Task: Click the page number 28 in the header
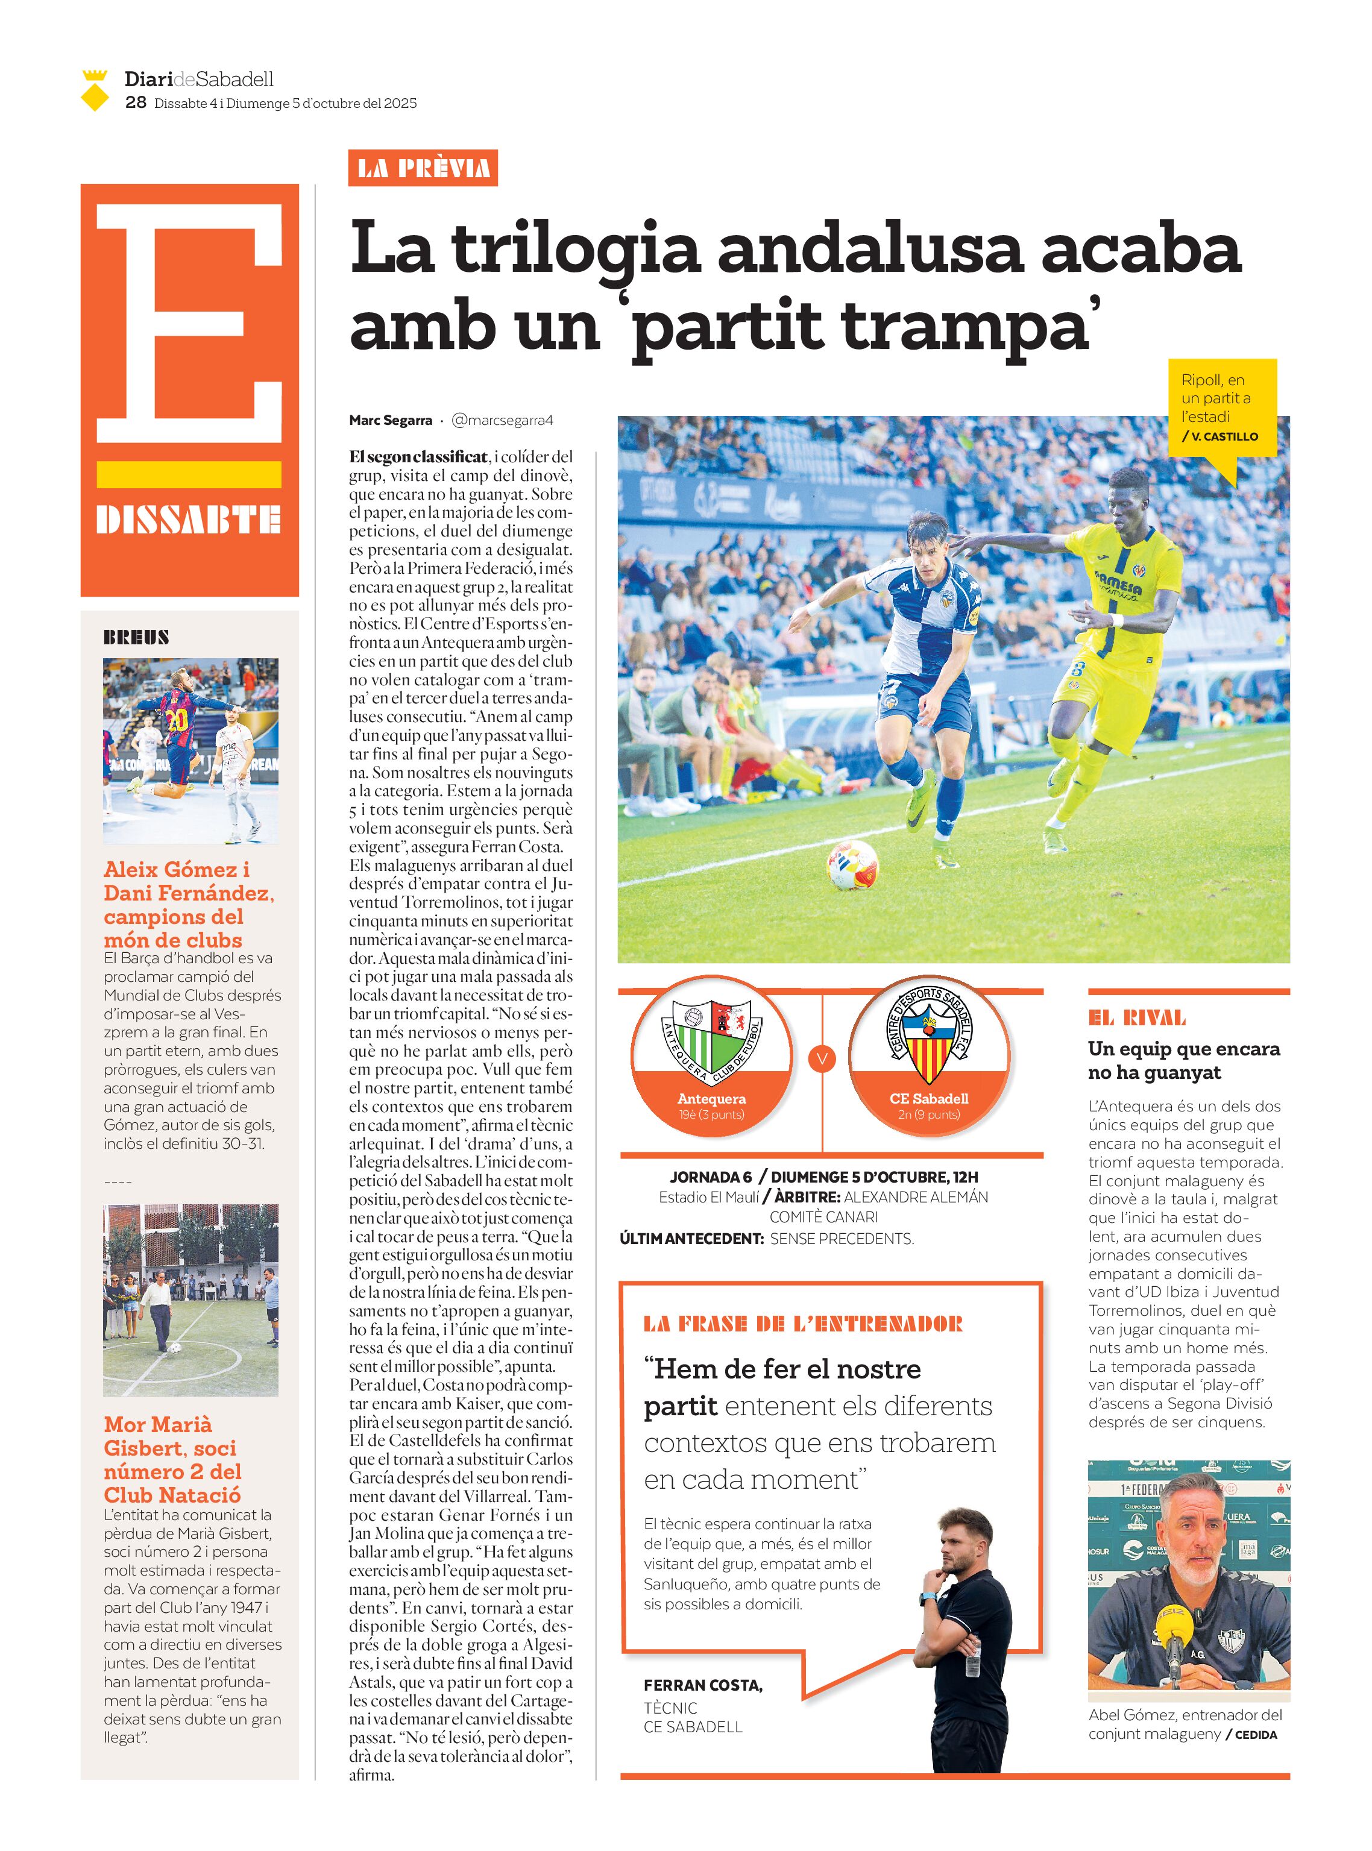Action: point(136,102)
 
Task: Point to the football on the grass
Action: point(852,864)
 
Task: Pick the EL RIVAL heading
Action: point(1137,1018)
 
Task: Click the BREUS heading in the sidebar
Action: point(136,638)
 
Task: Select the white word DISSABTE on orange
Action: point(189,520)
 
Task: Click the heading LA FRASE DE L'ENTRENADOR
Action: point(802,1324)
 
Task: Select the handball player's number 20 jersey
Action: point(176,719)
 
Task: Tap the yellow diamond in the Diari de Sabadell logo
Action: point(95,97)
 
